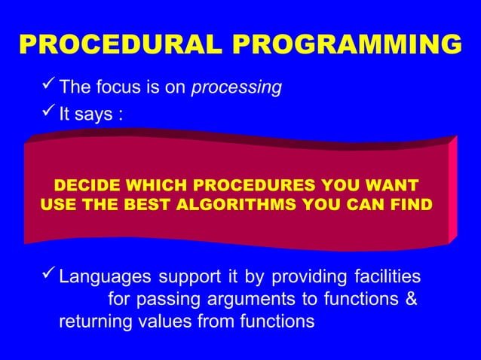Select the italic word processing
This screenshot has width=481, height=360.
point(237,88)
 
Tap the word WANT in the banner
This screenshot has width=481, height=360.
point(392,185)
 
